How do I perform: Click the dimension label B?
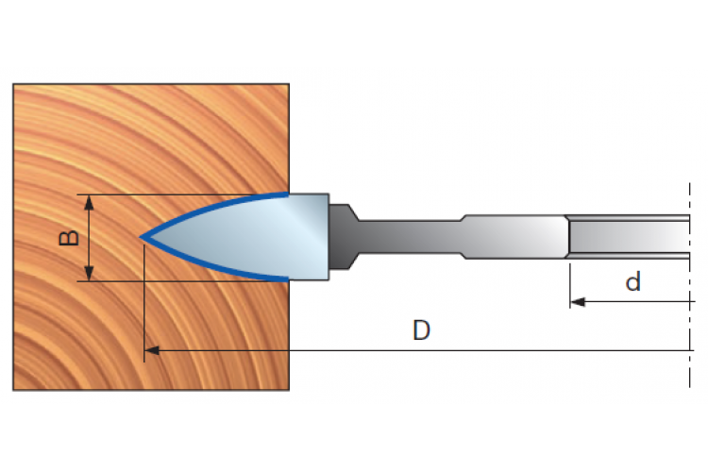click(x=69, y=238)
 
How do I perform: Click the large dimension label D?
click(x=422, y=330)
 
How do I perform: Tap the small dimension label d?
click(x=633, y=281)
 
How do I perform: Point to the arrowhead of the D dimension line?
click(x=152, y=350)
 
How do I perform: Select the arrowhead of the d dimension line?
click(x=578, y=302)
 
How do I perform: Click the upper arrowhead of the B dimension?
click(x=89, y=202)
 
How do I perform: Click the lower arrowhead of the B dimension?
click(x=89, y=273)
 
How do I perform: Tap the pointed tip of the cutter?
click(x=141, y=237)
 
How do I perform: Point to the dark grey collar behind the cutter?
click(x=343, y=237)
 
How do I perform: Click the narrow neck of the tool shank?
click(x=409, y=237)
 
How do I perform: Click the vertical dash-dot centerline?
click(x=689, y=284)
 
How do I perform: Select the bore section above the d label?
click(x=629, y=237)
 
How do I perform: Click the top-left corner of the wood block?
click(x=13, y=84)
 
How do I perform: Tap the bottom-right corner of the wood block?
click(x=289, y=390)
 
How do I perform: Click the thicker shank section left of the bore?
click(x=514, y=237)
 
